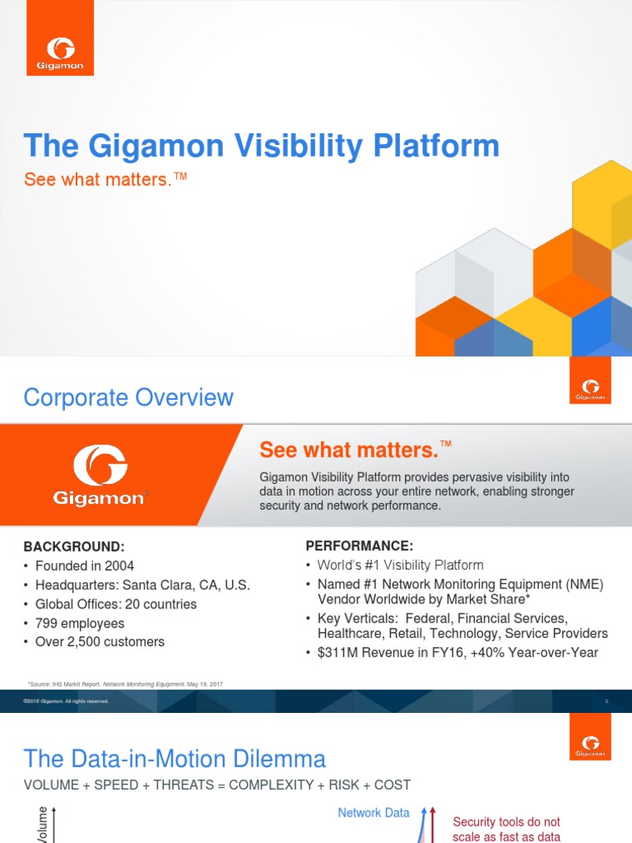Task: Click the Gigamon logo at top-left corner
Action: [x=53, y=50]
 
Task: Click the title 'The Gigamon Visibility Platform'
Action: [x=262, y=147]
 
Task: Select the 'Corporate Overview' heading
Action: [x=128, y=398]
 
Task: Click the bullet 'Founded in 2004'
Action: [x=85, y=566]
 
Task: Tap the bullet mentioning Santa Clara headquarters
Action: [x=142, y=585]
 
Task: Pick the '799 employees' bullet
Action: [x=80, y=623]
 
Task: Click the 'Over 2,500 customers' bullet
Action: [x=100, y=642]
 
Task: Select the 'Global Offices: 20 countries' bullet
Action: [x=116, y=604]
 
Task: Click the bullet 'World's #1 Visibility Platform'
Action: [x=400, y=565]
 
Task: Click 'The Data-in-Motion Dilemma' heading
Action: [x=174, y=758]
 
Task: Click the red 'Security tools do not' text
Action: [x=506, y=822]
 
